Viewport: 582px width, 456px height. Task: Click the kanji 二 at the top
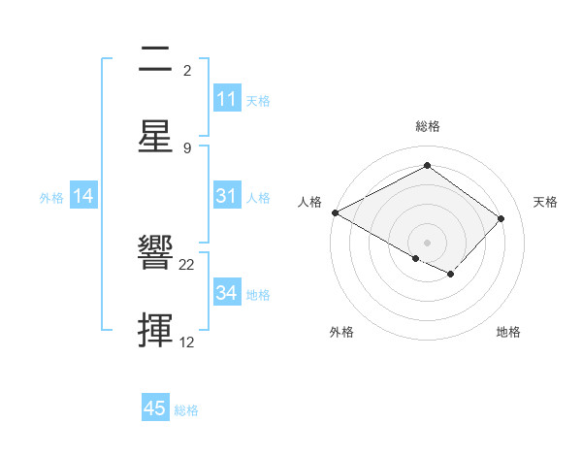point(155,60)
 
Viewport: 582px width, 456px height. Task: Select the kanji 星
point(155,137)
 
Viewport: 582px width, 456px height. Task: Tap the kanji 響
point(155,254)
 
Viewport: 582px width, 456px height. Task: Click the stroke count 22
point(187,264)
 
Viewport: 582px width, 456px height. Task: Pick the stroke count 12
point(187,342)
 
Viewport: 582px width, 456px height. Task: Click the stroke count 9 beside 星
point(187,147)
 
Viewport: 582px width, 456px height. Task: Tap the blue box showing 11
point(227,99)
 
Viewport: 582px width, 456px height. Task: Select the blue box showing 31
point(227,196)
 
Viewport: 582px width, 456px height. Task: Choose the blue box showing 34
point(227,293)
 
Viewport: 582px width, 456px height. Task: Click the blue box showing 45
point(155,408)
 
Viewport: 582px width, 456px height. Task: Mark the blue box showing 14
point(83,196)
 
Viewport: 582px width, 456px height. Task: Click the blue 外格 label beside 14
point(51,197)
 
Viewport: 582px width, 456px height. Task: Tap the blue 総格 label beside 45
point(186,410)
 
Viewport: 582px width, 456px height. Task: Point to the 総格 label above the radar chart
point(427,126)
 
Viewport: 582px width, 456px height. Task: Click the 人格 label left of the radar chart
point(309,202)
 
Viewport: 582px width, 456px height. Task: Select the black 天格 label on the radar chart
point(545,202)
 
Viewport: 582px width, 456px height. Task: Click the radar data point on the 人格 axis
point(335,212)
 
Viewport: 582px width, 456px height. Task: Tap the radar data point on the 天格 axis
point(501,218)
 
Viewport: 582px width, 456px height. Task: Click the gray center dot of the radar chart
point(427,242)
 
